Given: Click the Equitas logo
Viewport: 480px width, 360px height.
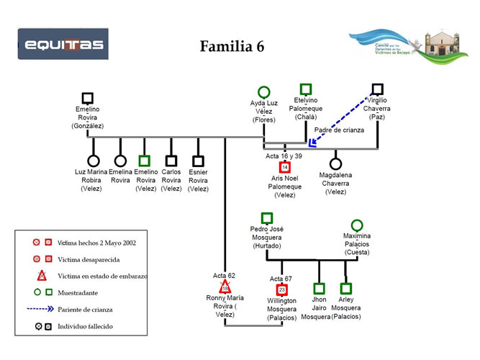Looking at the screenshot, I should (x=63, y=45).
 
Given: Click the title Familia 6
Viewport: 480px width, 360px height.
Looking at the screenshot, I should (x=232, y=47).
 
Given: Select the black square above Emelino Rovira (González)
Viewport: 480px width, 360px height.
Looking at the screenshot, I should (x=88, y=98).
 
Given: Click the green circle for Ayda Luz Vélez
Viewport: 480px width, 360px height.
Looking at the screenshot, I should (x=264, y=92).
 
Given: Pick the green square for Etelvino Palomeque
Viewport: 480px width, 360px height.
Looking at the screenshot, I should (x=306, y=89).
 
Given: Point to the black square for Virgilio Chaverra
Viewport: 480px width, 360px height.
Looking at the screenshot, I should (x=377, y=89).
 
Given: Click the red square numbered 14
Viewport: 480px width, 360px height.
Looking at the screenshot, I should (x=285, y=167).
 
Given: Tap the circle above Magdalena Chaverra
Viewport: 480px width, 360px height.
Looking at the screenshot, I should (x=335, y=163).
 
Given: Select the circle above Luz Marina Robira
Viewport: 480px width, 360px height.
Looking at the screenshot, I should (x=93, y=161).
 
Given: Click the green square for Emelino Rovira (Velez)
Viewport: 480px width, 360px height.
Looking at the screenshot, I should (x=145, y=161).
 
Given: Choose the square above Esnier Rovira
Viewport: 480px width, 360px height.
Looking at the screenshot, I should (x=198, y=161).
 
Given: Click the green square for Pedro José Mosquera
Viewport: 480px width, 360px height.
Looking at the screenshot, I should (x=266, y=217).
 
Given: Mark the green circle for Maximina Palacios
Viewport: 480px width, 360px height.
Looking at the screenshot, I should (x=357, y=225).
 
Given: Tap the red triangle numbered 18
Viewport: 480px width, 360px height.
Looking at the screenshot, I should (x=225, y=287).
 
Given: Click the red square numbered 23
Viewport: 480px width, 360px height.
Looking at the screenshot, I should (x=282, y=289).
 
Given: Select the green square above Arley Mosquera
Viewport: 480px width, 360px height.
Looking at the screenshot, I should (x=346, y=289).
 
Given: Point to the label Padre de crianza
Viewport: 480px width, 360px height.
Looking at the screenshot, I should (x=339, y=130).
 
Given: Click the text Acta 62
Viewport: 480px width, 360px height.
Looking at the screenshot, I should (x=224, y=276).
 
